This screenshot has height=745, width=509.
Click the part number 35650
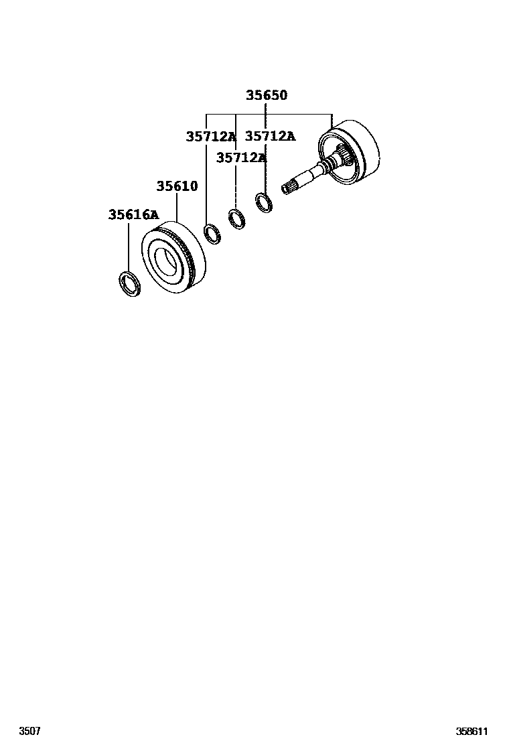[266, 95]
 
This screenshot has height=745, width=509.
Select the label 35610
[177, 186]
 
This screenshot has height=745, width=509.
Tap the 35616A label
[133, 214]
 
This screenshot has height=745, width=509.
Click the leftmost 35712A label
[211, 137]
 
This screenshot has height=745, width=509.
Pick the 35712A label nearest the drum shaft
[270, 136]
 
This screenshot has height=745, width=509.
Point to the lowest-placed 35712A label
[241, 158]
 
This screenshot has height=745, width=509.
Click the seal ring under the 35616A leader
[129, 283]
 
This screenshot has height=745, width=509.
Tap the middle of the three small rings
[236, 218]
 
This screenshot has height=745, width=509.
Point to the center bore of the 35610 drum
[167, 259]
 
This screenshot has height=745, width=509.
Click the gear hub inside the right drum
[346, 158]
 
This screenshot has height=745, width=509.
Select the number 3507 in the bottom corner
[29, 731]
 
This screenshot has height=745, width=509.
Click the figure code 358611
[472, 731]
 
